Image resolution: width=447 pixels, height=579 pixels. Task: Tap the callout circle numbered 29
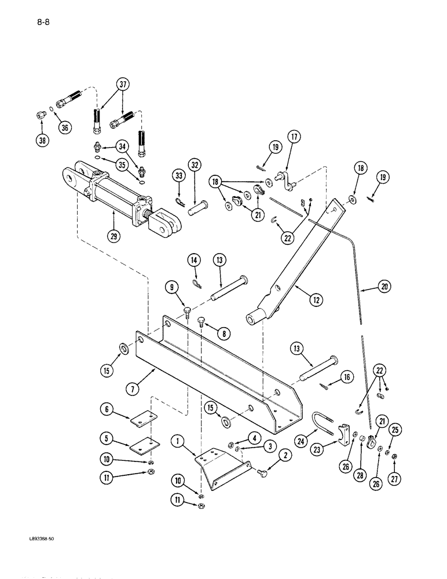pos(114,237)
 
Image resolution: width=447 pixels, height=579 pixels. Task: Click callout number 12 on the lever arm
pos(316,299)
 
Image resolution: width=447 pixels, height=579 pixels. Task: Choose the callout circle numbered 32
pos(195,164)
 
